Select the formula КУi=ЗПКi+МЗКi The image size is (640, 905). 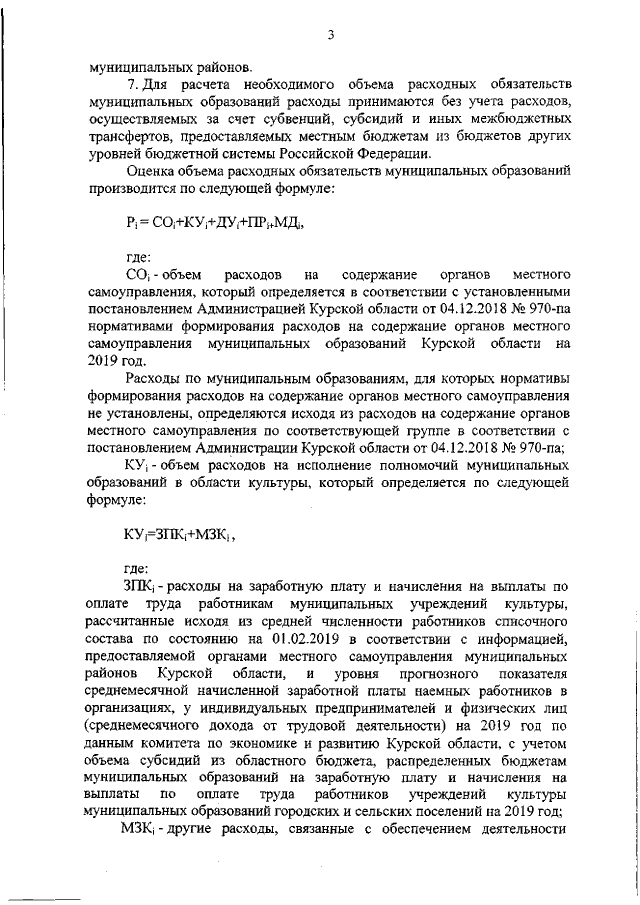tap(179, 534)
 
